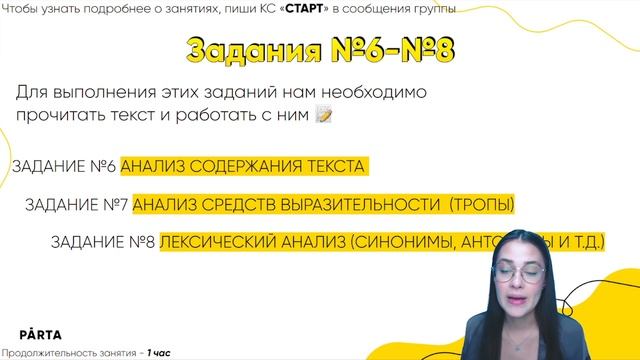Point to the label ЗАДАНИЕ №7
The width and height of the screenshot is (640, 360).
point(76,205)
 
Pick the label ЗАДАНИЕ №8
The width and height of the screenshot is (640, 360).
point(102,243)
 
